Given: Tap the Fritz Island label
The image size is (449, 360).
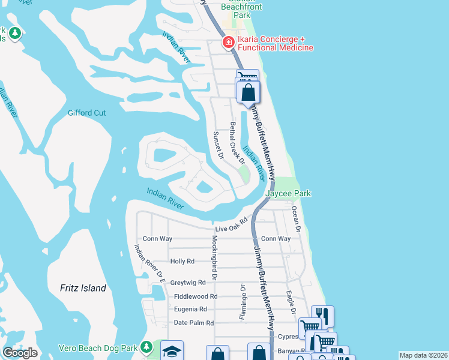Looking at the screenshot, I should click(83, 288).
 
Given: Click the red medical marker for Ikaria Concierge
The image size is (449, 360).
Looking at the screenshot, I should click(228, 42).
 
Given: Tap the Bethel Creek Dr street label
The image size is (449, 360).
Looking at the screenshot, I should click(237, 143).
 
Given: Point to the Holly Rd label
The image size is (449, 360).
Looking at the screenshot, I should click(182, 261).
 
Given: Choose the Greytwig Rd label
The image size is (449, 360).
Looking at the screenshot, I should click(188, 282).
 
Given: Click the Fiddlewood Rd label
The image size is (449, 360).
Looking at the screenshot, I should click(196, 296).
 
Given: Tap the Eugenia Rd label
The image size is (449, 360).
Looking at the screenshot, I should click(190, 310).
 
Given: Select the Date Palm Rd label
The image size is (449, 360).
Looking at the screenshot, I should click(193, 323).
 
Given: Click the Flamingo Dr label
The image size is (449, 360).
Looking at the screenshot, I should click(243, 302).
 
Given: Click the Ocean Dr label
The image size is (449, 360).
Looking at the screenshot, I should click(295, 217).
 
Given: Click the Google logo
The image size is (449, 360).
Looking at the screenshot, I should click(20, 352).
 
